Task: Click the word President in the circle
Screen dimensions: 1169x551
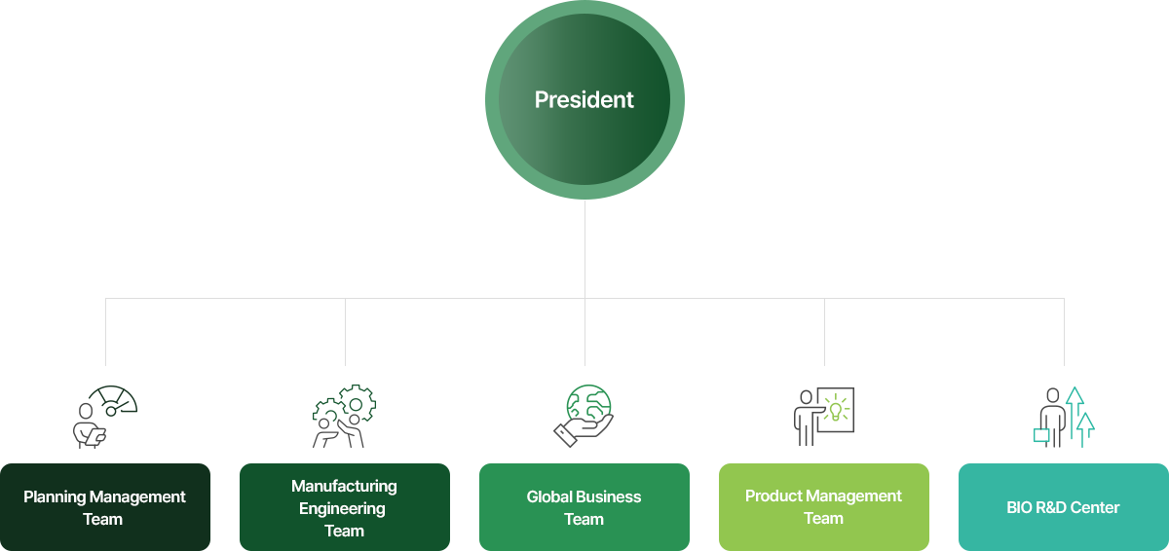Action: click(584, 99)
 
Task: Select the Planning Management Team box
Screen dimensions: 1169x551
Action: click(105, 506)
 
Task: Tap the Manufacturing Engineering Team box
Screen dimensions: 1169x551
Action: click(345, 506)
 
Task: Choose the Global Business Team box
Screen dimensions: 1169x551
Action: click(584, 506)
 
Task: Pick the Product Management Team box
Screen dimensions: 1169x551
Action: click(823, 506)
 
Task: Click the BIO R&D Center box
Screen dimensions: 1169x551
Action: click(1063, 506)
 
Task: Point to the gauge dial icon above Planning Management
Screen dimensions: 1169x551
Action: click(114, 400)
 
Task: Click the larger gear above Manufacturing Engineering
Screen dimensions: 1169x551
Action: click(357, 403)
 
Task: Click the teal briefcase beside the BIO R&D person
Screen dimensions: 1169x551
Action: click(1041, 435)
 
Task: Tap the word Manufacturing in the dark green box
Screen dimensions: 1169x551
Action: click(344, 486)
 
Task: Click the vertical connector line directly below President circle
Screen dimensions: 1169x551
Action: click(584, 249)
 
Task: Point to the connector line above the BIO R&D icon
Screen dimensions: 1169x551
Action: click(1064, 332)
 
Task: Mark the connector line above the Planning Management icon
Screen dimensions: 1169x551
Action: click(105, 332)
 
